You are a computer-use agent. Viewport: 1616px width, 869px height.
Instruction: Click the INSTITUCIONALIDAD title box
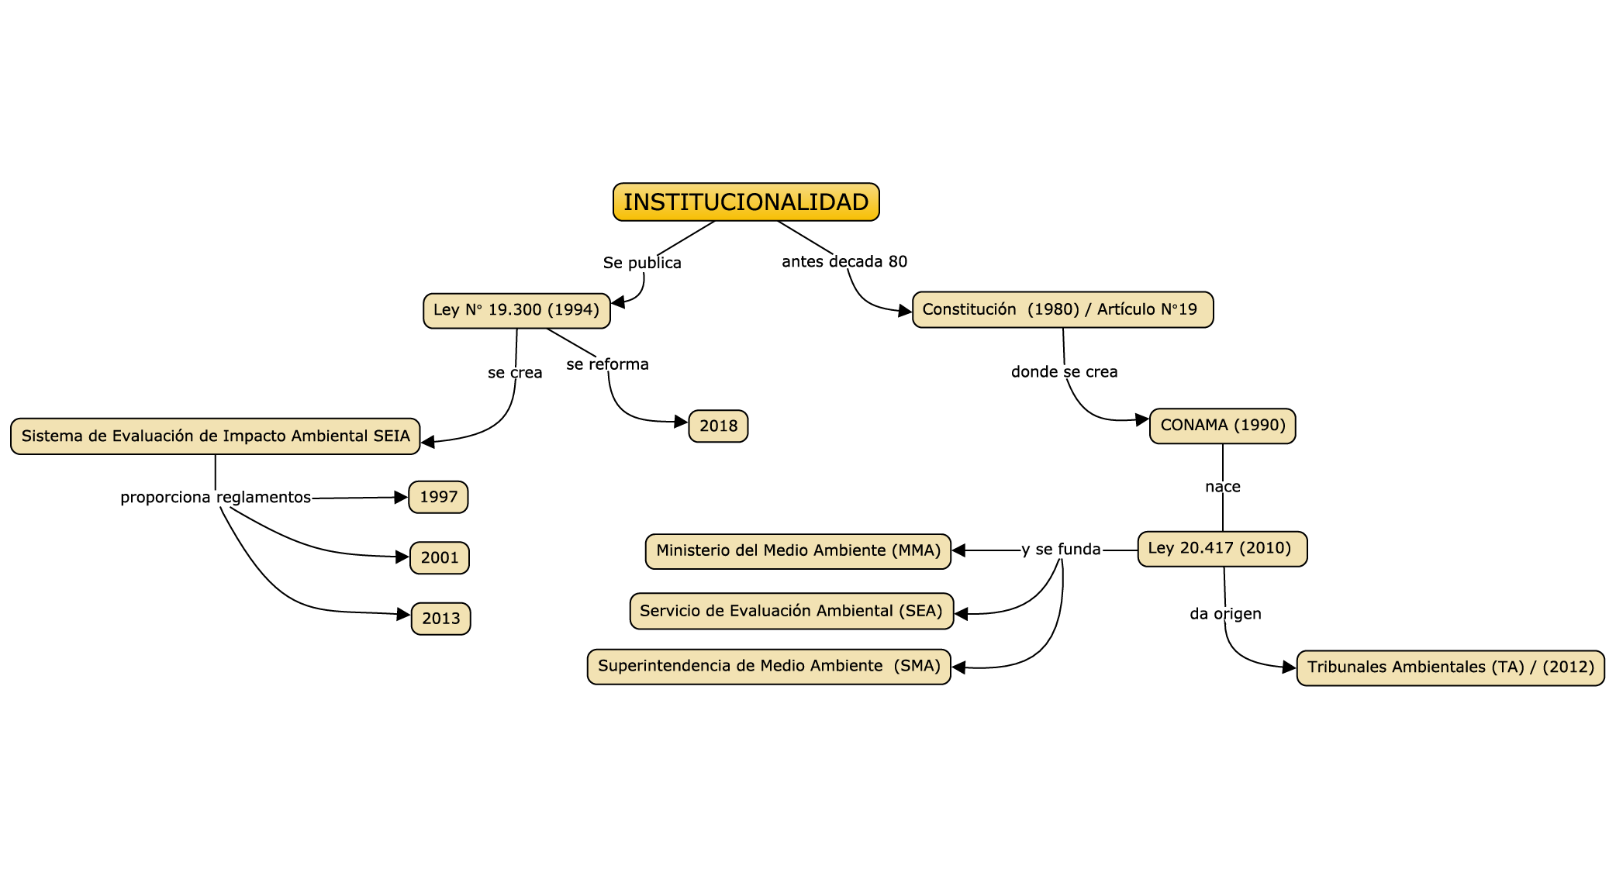tap(746, 202)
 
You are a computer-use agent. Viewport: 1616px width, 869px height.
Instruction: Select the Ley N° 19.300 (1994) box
tap(516, 310)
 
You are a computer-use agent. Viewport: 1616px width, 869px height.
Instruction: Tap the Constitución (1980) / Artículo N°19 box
tap(1062, 309)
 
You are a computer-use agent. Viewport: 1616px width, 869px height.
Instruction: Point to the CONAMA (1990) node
tap(1222, 426)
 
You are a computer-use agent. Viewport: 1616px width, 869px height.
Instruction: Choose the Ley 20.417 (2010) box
tap(1221, 548)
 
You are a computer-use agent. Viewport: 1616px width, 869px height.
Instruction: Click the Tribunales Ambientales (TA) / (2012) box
tap(1450, 667)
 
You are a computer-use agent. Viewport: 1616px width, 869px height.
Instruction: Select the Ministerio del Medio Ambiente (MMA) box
tap(798, 550)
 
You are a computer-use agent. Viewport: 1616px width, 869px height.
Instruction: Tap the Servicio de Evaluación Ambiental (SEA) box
tap(791, 611)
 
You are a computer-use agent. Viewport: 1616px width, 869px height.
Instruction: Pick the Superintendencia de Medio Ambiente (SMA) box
tap(768, 666)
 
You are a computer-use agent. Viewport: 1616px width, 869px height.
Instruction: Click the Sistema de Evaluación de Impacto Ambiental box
tap(216, 436)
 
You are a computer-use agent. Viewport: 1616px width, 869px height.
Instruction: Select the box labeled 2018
tap(718, 426)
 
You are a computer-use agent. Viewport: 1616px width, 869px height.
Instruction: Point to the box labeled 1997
tap(438, 497)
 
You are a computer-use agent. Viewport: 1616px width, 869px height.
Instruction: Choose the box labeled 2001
tap(439, 557)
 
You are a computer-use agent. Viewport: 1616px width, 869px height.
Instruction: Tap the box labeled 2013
tap(440, 619)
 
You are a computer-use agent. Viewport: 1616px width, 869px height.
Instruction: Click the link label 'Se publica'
tap(642, 263)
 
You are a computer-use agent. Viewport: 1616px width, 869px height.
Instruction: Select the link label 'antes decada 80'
tap(844, 262)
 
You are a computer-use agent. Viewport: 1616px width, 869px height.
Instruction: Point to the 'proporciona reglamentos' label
tap(216, 498)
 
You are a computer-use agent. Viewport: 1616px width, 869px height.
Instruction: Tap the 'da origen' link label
tap(1225, 614)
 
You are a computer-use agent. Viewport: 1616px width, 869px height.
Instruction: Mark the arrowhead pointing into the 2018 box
tap(681, 422)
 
